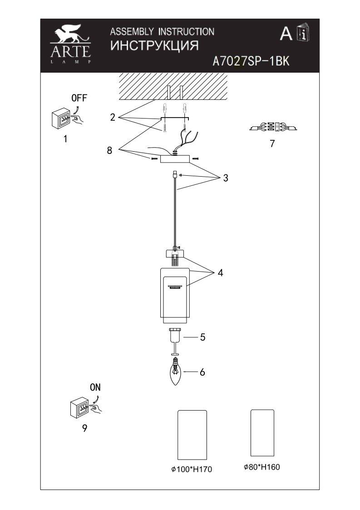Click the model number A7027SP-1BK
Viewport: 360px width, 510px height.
tap(251, 61)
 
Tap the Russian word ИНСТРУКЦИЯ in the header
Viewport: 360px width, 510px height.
tap(154, 45)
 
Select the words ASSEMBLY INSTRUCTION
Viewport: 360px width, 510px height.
tap(162, 31)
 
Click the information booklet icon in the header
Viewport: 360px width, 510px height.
tap(303, 32)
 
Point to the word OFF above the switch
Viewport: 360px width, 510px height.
tap(79, 98)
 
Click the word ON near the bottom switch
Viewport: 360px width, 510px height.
tap(95, 387)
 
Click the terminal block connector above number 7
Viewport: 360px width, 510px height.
tap(273, 126)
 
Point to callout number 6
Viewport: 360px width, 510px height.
tap(202, 372)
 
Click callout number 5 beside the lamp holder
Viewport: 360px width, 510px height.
tap(202, 337)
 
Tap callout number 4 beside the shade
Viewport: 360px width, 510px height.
tap(220, 273)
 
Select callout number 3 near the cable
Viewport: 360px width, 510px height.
tap(225, 178)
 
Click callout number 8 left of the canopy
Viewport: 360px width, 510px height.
tap(109, 150)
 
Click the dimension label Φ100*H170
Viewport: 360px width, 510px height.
tap(192, 469)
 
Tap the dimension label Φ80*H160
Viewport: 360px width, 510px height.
tap(262, 467)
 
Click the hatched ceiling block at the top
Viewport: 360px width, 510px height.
tap(173, 86)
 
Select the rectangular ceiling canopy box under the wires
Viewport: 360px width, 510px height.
tap(175, 159)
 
